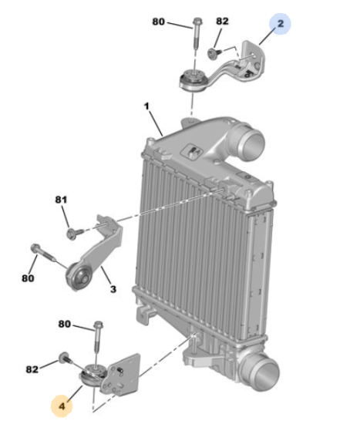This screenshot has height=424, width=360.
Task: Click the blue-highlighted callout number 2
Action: pos(281,24)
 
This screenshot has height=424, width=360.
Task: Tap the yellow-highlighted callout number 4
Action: pos(62,406)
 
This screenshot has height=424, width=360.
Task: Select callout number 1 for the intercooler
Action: pos(147,106)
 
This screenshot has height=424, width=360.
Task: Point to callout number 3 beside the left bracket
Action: pos(113,289)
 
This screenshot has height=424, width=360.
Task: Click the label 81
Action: pos(61,200)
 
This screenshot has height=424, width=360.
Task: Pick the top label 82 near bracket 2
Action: pos(222,21)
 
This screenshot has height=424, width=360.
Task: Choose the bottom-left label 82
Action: pos(32,369)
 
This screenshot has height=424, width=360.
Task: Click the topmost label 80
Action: pos(159,22)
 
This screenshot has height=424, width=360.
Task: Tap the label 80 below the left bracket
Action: pos(28,278)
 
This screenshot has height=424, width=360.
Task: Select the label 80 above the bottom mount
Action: pos(65,324)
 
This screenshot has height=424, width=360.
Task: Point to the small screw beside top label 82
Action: pos(214,52)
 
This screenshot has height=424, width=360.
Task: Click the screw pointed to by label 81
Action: pos(75,233)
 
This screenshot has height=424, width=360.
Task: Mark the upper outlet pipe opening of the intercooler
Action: pos(252,143)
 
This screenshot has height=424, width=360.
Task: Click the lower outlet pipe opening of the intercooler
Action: pos(267,374)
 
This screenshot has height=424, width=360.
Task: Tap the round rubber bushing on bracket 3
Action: pos(79,276)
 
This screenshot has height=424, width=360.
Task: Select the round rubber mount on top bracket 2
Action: pos(193,79)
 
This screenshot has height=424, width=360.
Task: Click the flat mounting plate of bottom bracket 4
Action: pos(122,373)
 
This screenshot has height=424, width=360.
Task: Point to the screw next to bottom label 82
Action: pos(65,358)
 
